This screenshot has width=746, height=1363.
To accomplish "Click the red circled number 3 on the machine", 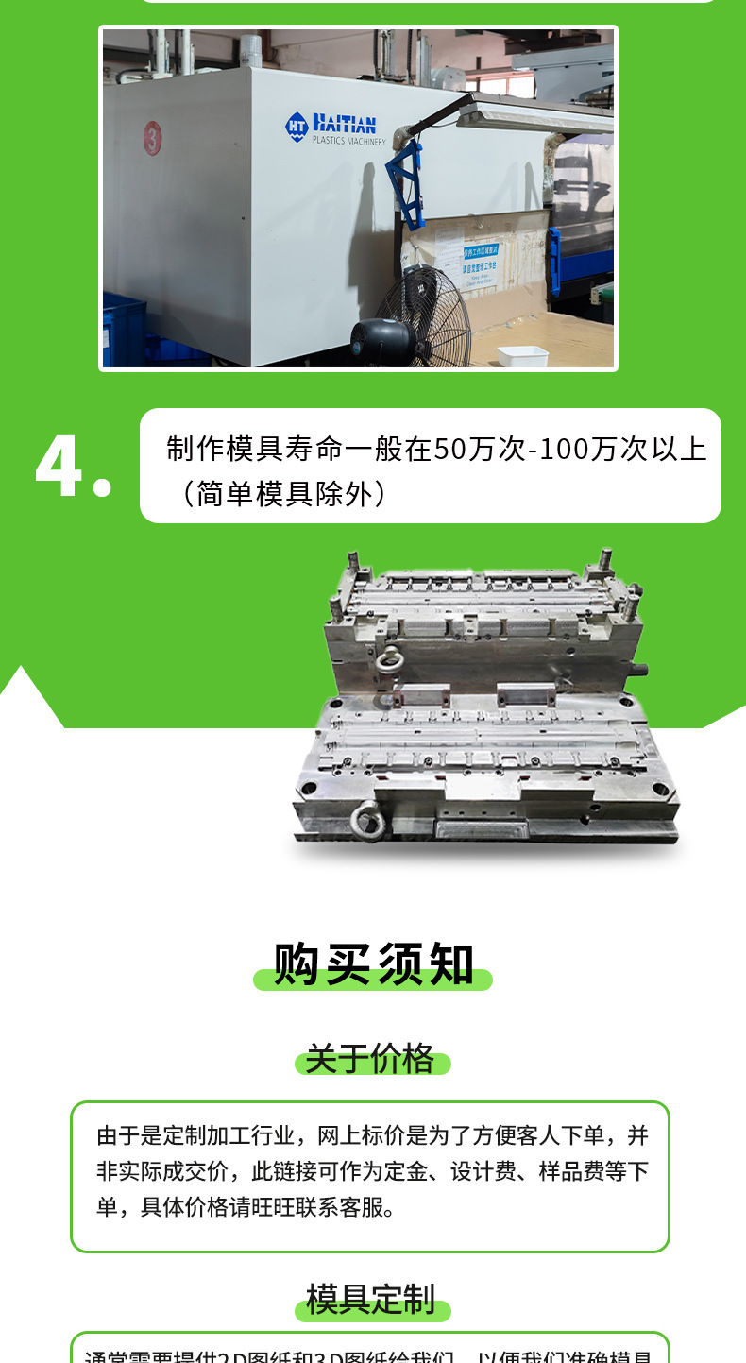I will click(153, 138).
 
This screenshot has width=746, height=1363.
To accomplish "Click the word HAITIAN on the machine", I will click(344, 123).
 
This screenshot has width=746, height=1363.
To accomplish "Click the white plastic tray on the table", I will click(522, 356).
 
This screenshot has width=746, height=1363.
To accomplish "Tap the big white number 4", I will click(61, 468).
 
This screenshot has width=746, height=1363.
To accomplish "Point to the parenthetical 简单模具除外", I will click(283, 493).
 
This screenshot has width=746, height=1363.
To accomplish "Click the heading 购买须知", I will click(374, 964).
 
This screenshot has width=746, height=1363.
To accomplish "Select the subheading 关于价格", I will click(370, 1059).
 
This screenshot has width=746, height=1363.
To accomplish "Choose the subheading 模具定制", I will click(371, 1300).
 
